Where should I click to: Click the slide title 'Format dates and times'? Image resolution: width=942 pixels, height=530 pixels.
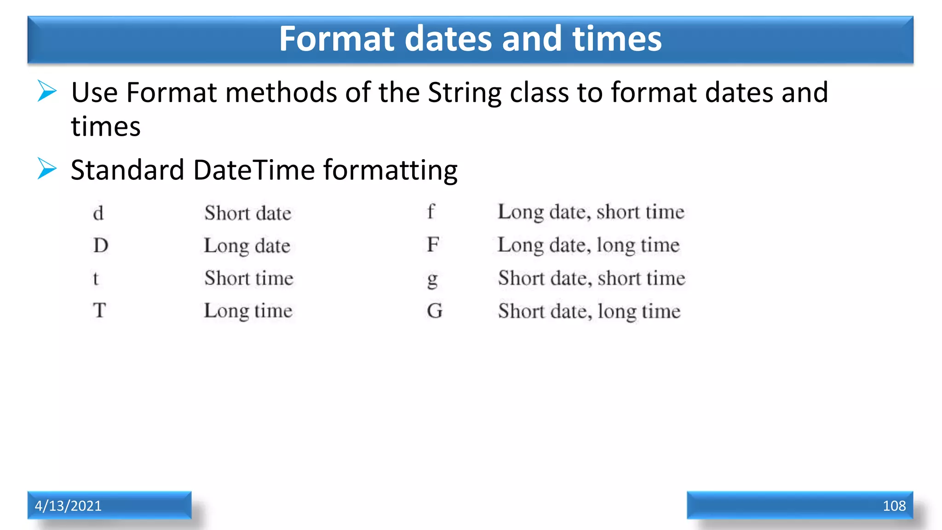coord(470,39)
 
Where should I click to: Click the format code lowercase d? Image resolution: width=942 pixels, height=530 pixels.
coord(98,213)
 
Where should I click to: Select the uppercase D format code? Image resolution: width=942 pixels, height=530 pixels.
coord(101,246)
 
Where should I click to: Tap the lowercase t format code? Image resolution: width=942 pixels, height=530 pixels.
coord(96,278)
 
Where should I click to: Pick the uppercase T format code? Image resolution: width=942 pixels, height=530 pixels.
coord(99,311)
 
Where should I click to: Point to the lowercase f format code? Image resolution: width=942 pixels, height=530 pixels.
coord(431,212)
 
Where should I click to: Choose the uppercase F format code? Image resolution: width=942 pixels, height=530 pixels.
coord(433,245)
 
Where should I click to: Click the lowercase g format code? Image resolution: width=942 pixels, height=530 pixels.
coord(432,279)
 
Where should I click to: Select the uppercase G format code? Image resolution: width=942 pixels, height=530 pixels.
coord(434,311)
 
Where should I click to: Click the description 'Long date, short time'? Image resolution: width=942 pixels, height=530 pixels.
coord(591,212)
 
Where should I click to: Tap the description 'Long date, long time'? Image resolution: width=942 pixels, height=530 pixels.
coord(588,245)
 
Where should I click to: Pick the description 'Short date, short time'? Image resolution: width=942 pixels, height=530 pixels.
coord(592,278)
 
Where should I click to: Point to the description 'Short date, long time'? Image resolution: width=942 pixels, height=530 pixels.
coord(589,311)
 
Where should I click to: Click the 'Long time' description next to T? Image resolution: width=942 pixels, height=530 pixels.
coord(248,311)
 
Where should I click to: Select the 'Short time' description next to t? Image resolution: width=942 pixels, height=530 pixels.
coord(249,278)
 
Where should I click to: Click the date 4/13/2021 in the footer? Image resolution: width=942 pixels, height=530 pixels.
coord(68,506)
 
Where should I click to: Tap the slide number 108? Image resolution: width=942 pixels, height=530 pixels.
coord(894,506)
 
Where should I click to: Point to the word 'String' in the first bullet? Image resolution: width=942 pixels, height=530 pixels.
coord(465,93)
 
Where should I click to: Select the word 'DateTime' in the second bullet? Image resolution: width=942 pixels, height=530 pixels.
coord(254,170)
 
